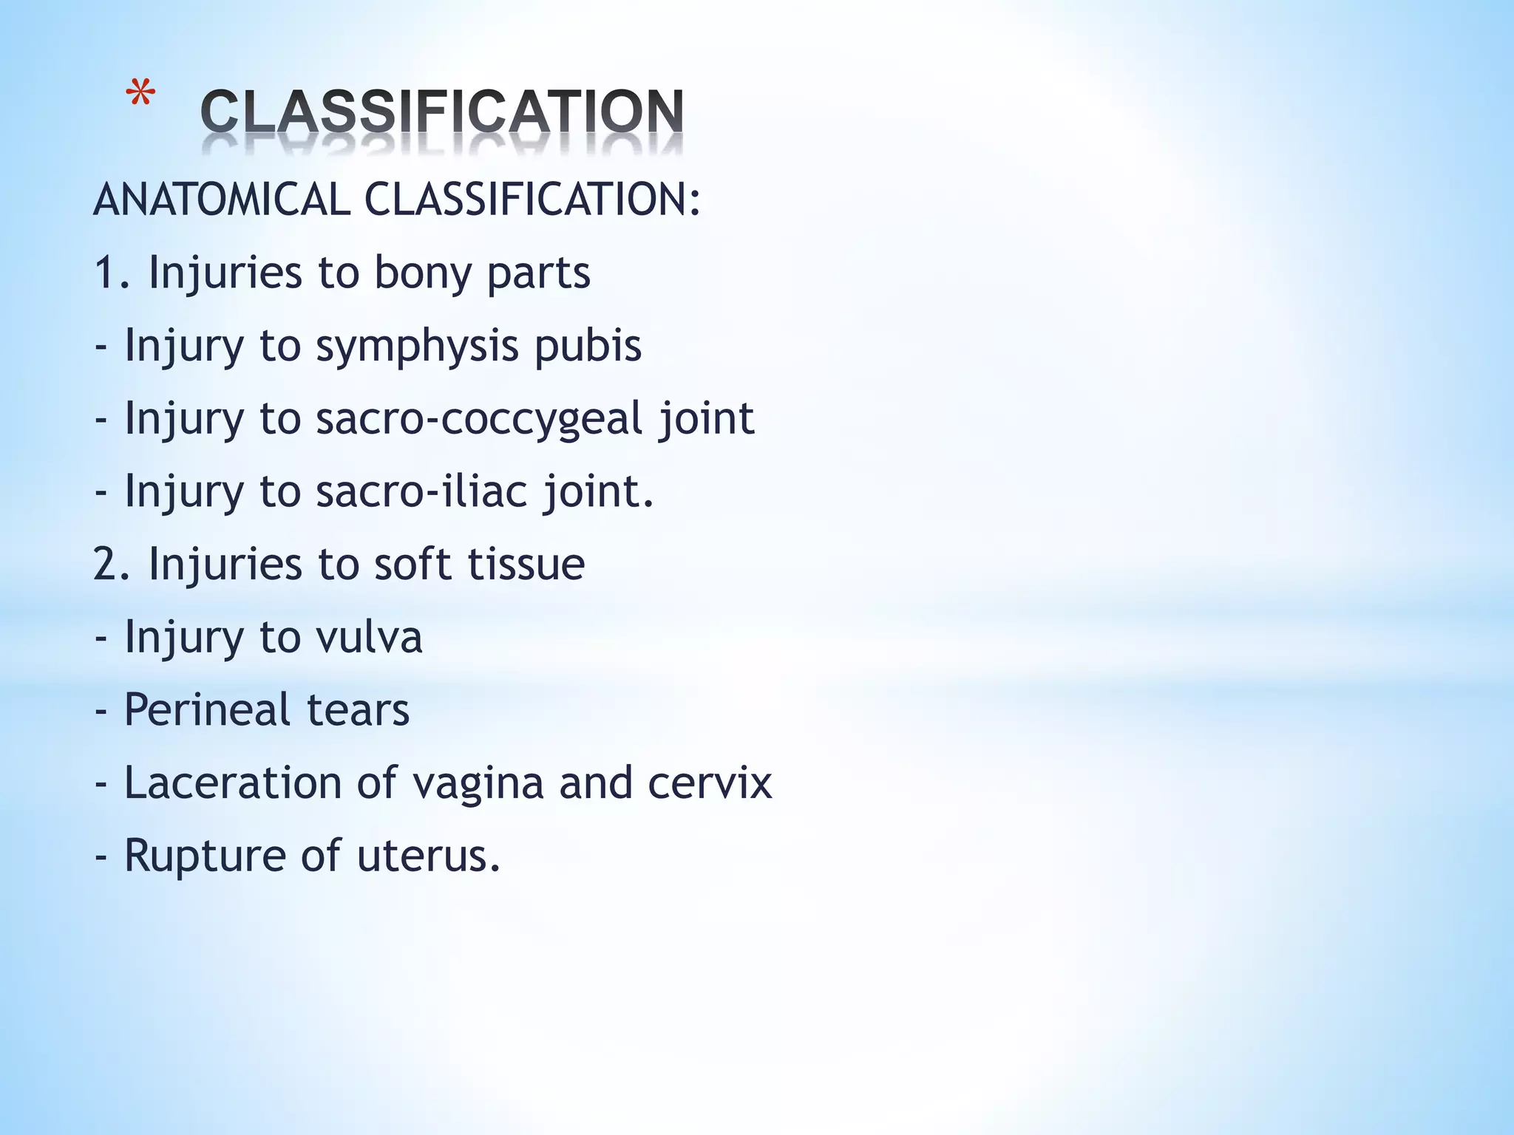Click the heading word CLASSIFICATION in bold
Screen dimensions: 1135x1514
coord(442,112)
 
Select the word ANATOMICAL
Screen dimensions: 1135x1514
coord(222,200)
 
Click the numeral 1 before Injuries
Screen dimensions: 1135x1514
coord(105,273)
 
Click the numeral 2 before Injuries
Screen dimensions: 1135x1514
coord(105,564)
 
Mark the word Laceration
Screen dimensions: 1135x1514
coord(232,783)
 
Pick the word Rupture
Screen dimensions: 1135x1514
coord(204,855)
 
